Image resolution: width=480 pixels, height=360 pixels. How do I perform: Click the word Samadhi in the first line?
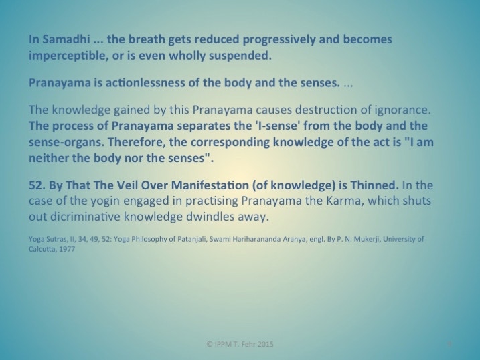66,39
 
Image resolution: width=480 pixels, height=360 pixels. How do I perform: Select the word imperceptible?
68,56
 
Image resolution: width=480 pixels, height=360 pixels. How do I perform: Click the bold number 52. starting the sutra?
37,185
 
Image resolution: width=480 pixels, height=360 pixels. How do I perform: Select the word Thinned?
374,185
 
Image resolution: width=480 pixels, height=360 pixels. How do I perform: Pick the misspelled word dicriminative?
85,217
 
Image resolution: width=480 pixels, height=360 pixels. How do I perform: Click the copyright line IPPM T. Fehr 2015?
240,344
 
